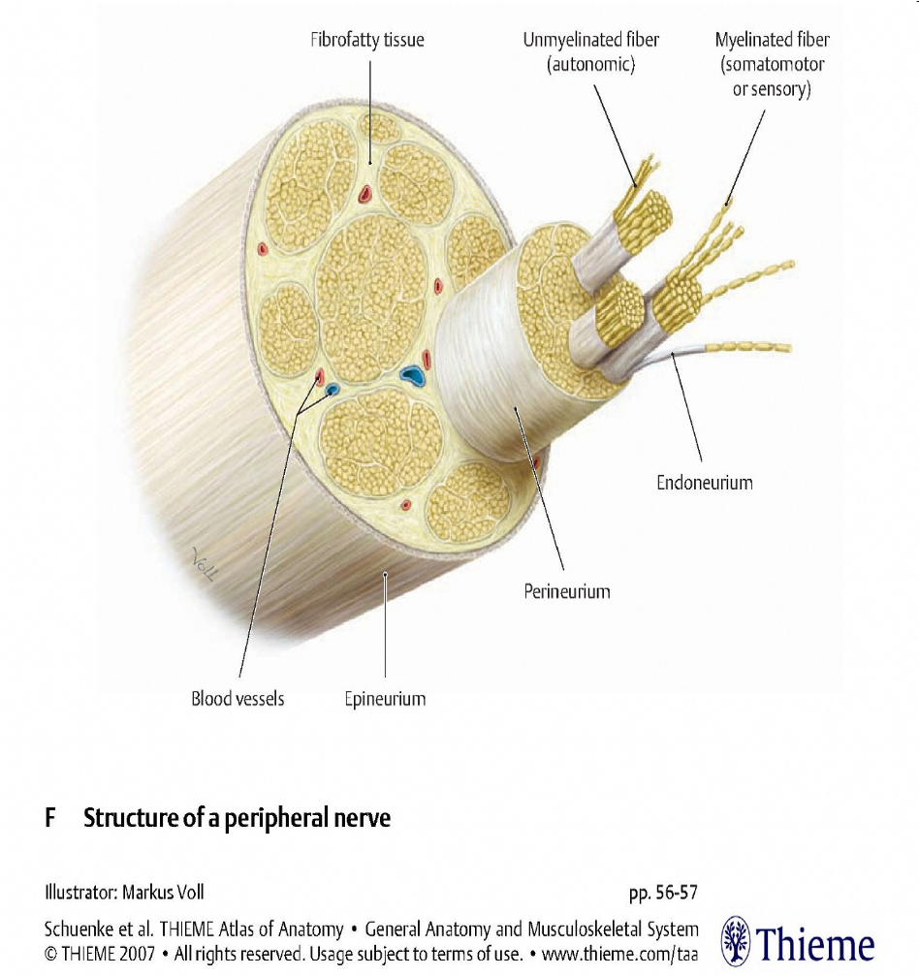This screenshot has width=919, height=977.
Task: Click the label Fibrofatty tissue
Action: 367,41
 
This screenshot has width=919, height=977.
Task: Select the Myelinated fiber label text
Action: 772,41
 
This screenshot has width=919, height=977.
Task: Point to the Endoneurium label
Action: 705,482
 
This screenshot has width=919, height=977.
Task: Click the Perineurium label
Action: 567,590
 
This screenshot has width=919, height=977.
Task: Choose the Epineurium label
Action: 385,698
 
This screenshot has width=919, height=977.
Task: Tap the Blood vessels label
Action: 238,698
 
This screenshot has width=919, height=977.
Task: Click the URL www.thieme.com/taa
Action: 619,952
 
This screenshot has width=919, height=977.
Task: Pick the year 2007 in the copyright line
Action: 135,952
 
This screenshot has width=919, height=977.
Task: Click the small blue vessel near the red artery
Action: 332,390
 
